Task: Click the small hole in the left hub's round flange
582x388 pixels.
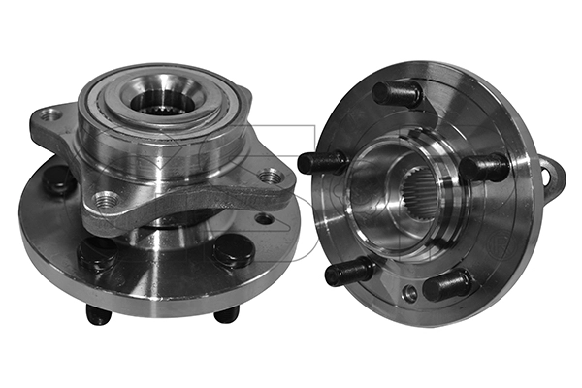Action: (x=261, y=219)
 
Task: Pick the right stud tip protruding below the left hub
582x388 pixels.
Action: (x=226, y=314)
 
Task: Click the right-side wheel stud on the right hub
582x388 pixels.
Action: (x=484, y=168)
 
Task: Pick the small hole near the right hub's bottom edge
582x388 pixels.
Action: (x=410, y=292)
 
